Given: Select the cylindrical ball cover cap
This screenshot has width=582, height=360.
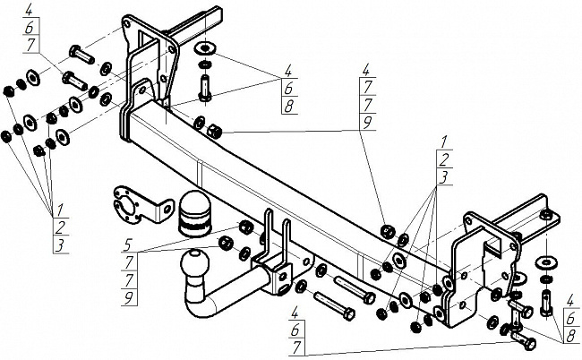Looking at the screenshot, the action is click(x=194, y=213).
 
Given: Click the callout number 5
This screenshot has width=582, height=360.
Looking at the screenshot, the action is click(x=128, y=244).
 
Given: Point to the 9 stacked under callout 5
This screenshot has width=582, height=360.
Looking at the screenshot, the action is click(x=128, y=298).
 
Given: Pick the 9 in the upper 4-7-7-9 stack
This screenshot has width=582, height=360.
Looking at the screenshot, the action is click(x=367, y=123).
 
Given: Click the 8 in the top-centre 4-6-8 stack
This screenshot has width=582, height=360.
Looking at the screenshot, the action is click(x=289, y=107).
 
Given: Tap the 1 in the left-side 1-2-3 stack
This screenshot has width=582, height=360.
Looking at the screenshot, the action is click(x=59, y=210).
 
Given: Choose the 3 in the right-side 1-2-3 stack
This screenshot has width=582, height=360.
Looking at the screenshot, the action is click(x=443, y=177).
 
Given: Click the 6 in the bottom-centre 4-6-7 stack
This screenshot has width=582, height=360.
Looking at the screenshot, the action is click(x=295, y=330).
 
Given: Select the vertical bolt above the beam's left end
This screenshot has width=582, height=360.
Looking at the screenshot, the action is click(x=205, y=88).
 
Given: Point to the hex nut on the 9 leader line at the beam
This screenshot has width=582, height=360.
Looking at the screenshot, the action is click(x=214, y=131).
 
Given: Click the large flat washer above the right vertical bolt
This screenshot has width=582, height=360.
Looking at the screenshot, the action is click(x=546, y=263).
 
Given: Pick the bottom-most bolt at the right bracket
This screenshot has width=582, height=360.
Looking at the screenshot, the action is click(x=524, y=340).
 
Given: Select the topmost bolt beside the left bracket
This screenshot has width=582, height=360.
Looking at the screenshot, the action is click(x=81, y=55).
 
